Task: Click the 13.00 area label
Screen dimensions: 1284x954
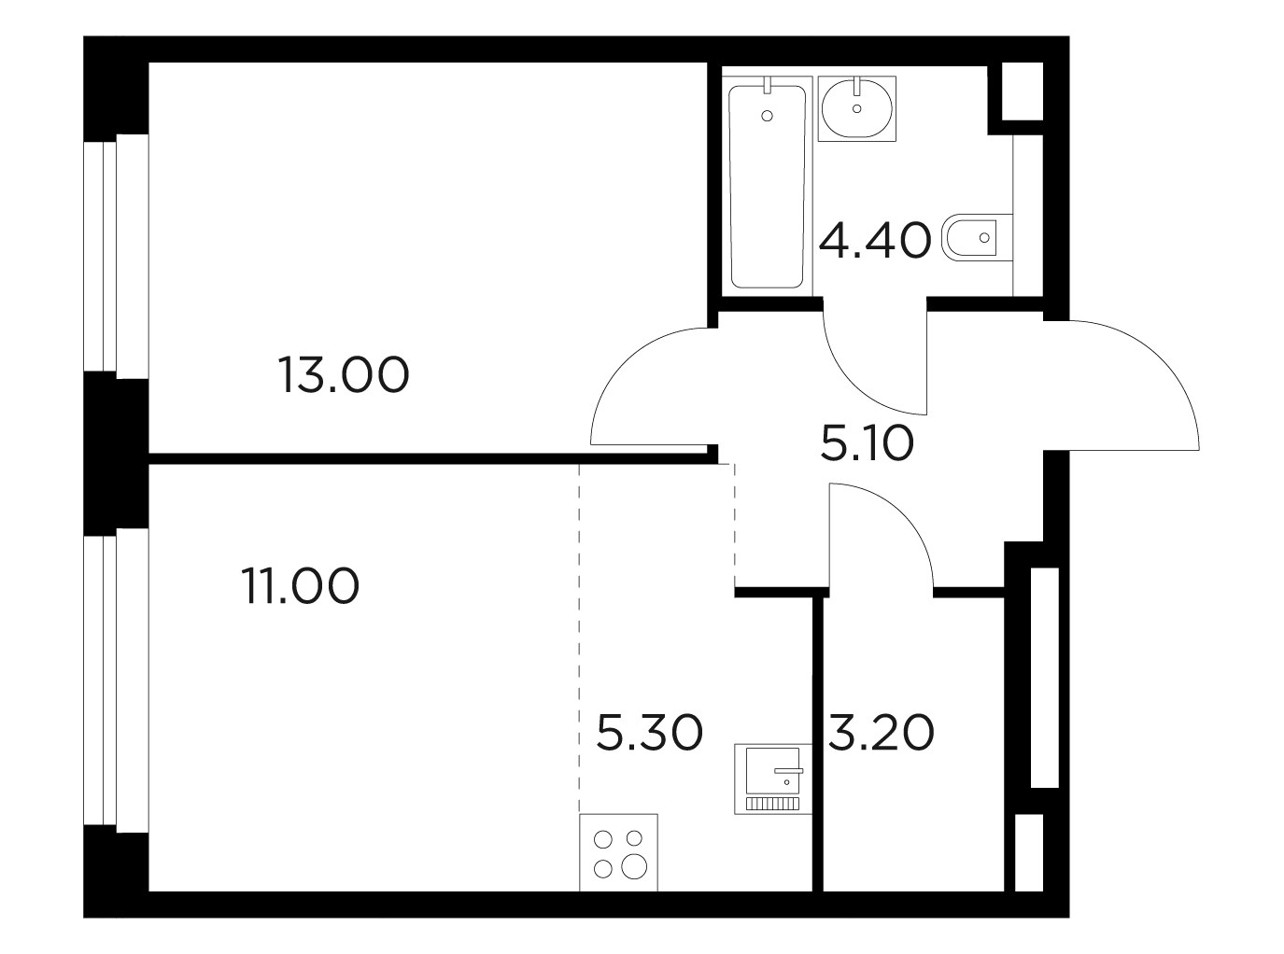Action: click(344, 374)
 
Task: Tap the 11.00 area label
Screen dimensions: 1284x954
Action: click(300, 586)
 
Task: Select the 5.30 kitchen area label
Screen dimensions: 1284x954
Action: click(649, 733)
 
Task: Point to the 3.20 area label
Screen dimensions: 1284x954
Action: click(882, 733)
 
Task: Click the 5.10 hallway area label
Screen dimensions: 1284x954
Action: click(867, 442)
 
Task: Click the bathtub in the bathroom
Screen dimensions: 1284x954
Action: click(768, 187)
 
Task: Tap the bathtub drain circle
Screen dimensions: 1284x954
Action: click(767, 116)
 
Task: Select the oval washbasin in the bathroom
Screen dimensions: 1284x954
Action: click(857, 108)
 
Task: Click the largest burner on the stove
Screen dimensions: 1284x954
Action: click(634, 866)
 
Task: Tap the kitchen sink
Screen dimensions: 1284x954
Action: click(773, 779)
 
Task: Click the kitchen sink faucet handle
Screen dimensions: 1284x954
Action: click(788, 770)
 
